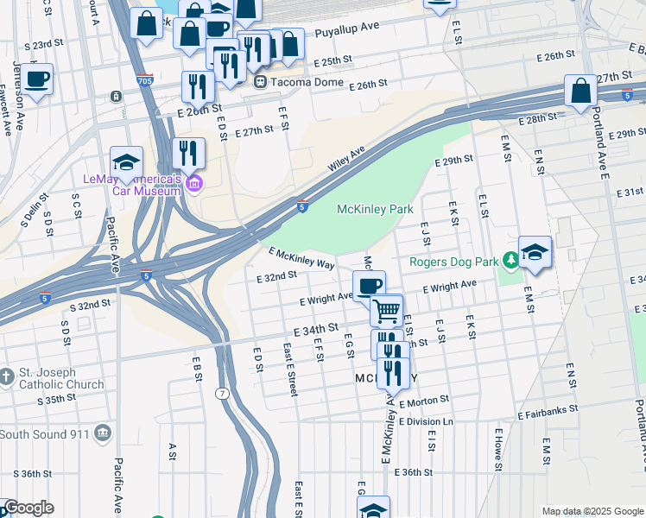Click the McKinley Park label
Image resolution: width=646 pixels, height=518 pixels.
point(375,209)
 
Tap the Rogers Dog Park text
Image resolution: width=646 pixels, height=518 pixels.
point(454,261)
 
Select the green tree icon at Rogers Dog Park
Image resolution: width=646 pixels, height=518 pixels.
point(510,259)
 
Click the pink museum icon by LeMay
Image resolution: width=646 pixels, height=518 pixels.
point(194,183)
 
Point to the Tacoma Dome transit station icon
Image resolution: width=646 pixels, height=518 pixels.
point(260,82)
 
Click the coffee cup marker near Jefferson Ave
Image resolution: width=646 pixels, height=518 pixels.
point(36,80)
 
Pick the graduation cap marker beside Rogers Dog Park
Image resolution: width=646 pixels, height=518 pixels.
point(535,252)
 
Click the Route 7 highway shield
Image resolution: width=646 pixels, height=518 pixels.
point(223,394)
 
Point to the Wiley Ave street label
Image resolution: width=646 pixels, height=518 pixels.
point(346,159)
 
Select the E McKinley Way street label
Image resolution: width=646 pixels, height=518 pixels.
point(301,258)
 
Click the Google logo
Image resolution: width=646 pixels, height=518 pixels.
point(28,508)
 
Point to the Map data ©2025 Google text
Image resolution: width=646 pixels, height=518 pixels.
point(591,511)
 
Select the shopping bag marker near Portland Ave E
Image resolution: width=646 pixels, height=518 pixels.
point(581,91)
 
